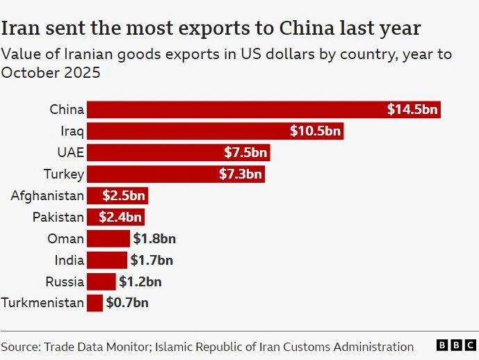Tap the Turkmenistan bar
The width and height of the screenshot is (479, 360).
coord(95,303)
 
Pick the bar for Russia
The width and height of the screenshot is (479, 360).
coord(101,281)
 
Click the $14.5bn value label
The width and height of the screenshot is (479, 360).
coord(412,110)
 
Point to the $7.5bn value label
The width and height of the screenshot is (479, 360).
coord(245,153)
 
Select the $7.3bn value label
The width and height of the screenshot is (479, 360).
coord(241,174)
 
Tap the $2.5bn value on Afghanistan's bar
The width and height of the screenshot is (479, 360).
coord(123,196)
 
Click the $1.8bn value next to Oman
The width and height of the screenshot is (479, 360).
coord(154,239)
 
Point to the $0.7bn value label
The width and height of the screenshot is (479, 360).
coord(127,303)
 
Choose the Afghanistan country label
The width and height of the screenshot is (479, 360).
coord(47,196)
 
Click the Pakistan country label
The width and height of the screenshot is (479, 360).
coord(58,218)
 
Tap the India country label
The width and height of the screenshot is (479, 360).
coord(70,261)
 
